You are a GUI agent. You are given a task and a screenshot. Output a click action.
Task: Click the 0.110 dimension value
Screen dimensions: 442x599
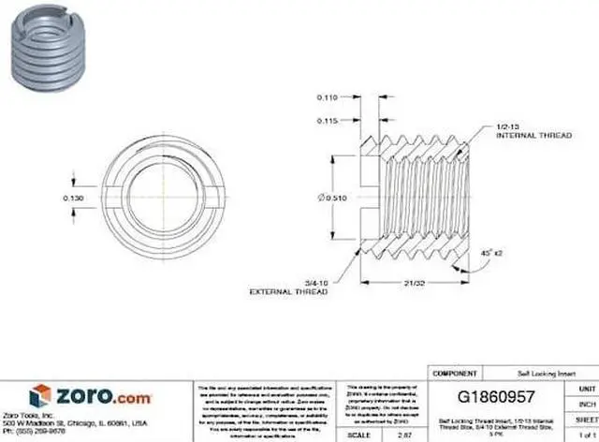(328, 97)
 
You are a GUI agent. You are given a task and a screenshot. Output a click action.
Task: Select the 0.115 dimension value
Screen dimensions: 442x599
(328, 120)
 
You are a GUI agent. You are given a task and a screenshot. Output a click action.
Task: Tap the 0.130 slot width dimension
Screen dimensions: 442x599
(72, 199)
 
